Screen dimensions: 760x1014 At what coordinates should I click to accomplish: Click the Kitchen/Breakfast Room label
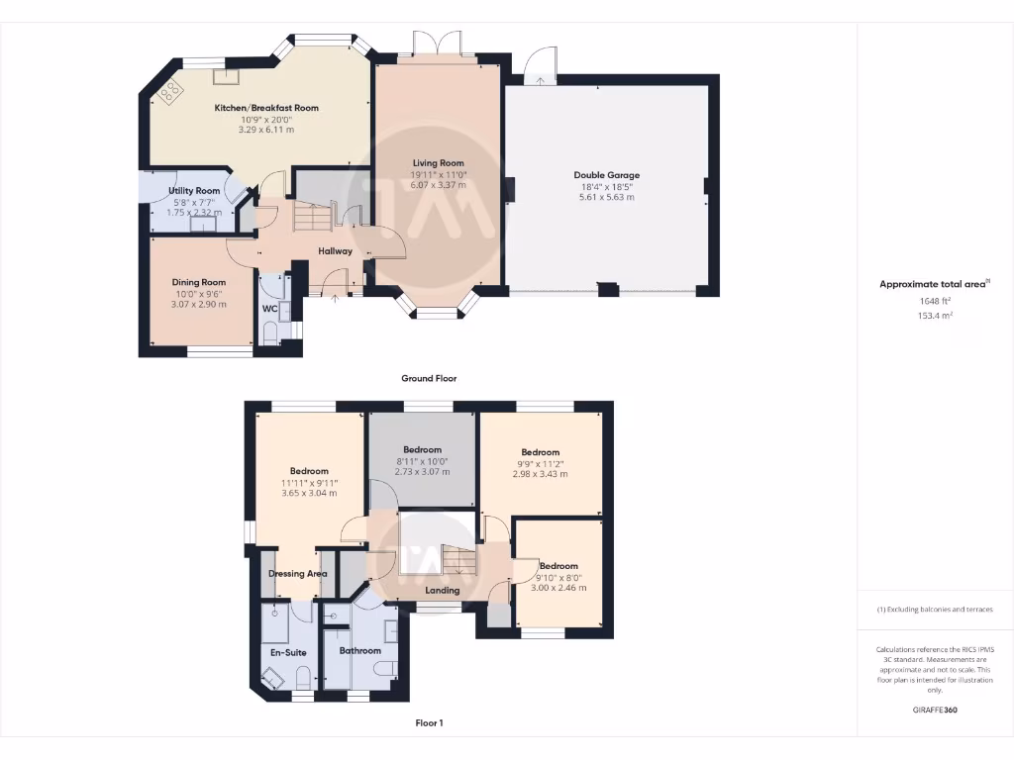point(266,108)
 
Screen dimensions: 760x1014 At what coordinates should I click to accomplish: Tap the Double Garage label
point(606,175)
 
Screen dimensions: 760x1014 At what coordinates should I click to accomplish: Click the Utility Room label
point(194,190)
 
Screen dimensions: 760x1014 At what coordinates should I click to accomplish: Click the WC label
point(269,308)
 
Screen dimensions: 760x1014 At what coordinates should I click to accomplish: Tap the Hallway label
point(336,251)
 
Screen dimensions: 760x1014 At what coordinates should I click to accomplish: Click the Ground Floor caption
point(429,378)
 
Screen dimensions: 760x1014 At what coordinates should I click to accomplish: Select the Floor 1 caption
point(429,723)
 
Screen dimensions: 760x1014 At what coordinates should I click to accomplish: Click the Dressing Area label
point(298,573)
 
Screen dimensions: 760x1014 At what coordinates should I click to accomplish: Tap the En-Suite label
point(288,652)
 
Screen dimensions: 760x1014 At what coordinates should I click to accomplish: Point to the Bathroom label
point(359,651)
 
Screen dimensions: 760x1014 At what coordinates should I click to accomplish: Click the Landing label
point(442,591)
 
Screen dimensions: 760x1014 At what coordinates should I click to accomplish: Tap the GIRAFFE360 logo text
point(935,710)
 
